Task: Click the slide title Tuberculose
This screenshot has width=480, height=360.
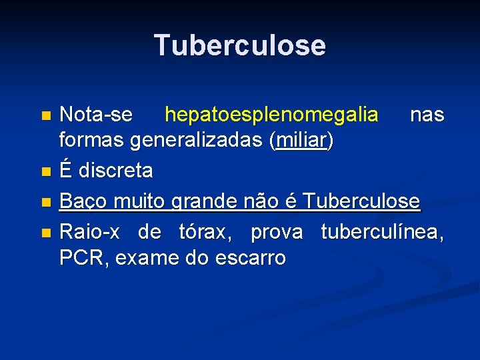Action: click(240, 45)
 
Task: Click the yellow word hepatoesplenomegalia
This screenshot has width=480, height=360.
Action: click(271, 115)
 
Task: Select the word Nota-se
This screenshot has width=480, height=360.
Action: click(95, 115)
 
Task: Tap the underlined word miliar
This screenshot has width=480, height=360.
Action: click(301, 141)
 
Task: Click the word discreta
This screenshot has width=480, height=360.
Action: click(115, 171)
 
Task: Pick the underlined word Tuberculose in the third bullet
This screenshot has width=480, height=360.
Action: click(361, 200)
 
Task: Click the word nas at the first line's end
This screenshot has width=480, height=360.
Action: click(427, 115)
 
